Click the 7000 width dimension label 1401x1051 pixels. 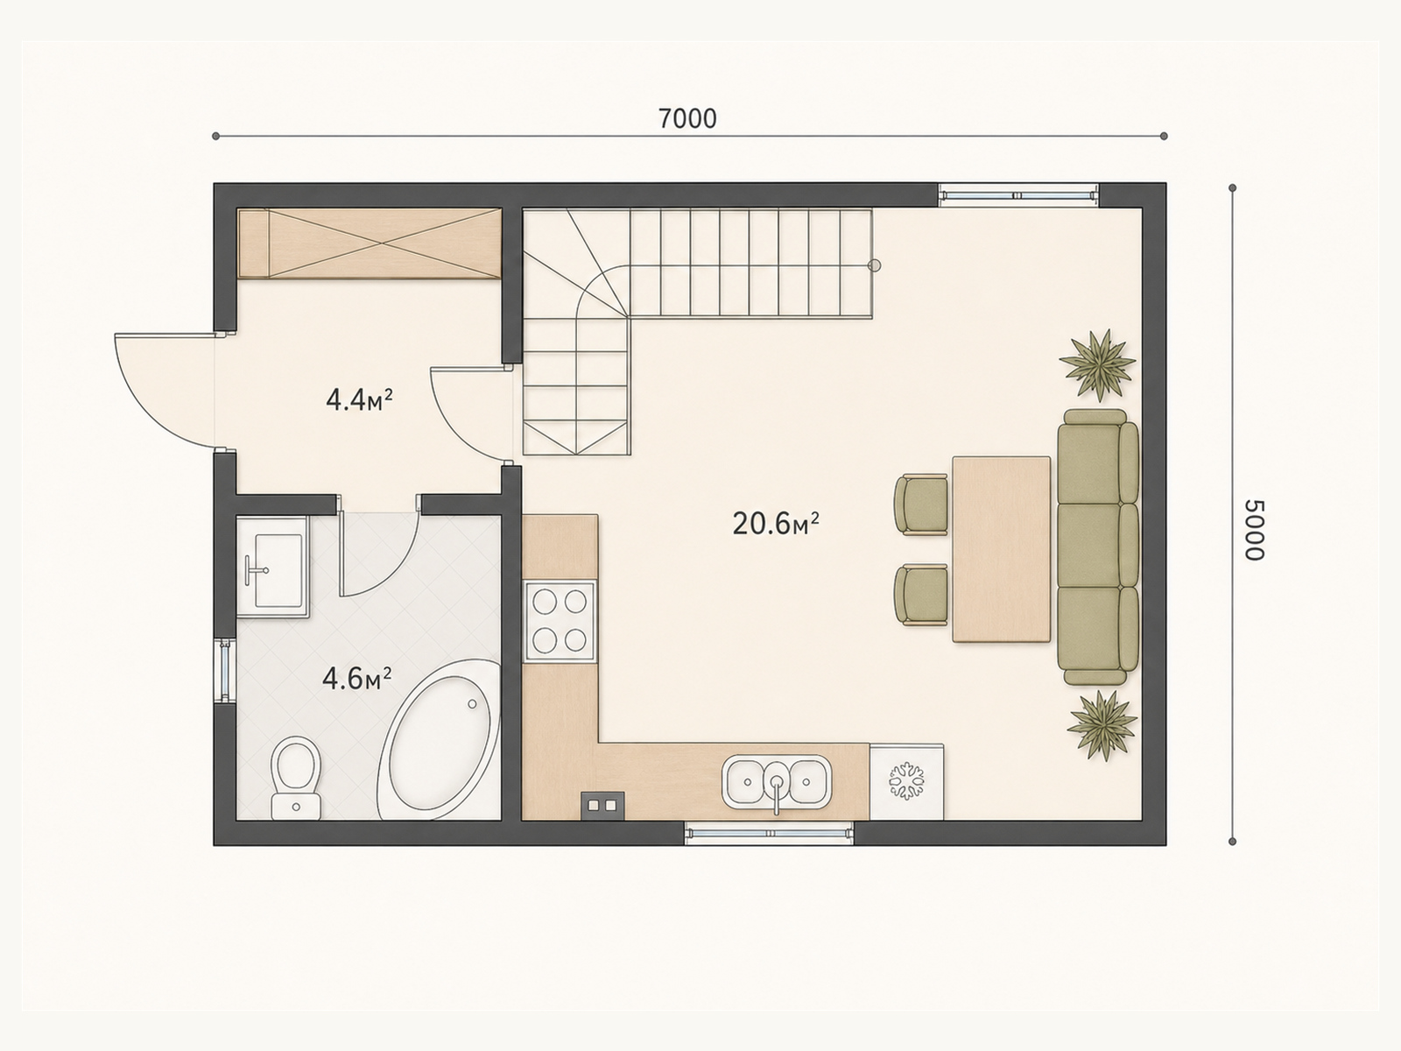(x=687, y=119)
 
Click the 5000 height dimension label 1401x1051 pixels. (x=1254, y=530)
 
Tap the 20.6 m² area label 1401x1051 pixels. (x=776, y=524)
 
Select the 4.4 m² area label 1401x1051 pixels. (x=359, y=400)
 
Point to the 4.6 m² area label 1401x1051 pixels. (x=356, y=679)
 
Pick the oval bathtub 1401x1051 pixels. (x=440, y=739)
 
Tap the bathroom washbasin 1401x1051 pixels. (x=273, y=567)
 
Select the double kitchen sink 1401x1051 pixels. (x=777, y=782)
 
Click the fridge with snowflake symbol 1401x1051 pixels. (x=906, y=782)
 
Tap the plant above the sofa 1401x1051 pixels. (x=1098, y=365)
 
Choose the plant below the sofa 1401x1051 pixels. (x=1102, y=725)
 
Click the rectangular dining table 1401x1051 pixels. (x=1002, y=549)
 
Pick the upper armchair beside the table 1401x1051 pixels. (x=921, y=504)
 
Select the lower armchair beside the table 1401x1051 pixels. (x=921, y=595)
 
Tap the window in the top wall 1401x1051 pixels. (x=1018, y=194)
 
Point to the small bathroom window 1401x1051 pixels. (x=225, y=670)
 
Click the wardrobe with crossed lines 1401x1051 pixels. (x=370, y=243)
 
